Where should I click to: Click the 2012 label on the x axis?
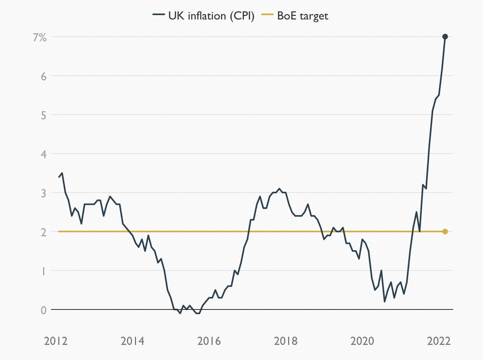coord(56,341)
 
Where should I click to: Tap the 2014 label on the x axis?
coord(133,341)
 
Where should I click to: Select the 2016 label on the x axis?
coord(210,341)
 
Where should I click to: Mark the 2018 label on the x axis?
coord(286,341)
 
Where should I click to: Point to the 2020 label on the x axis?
coord(363,341)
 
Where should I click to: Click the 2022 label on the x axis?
coord(439,341)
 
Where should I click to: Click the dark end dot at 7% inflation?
coord(445,37)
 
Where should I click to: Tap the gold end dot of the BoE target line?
coord(445,232)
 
